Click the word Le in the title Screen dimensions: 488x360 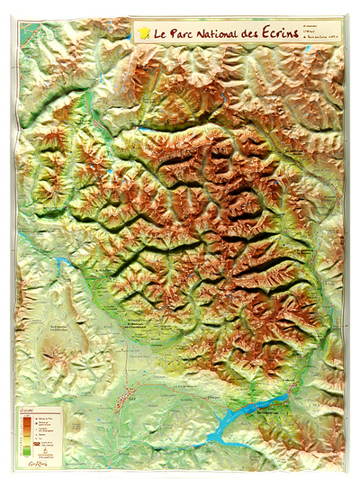[x=159, y=34]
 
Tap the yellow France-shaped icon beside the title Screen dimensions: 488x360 [x=143, y=33]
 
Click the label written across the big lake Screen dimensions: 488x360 [x=256, y=411]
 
